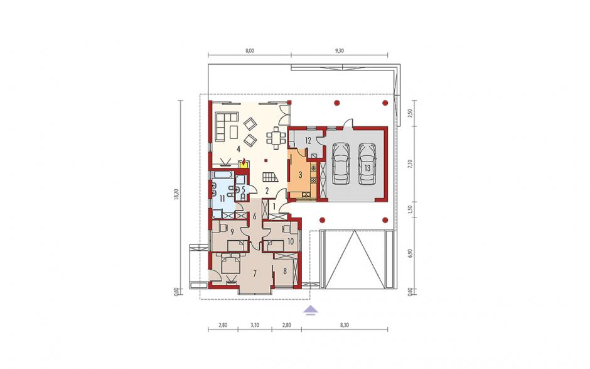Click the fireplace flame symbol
[x=244, y=162]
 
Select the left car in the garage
[x=341, y=163]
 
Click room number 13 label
[x=368, y=168]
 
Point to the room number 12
[x=308, y=141]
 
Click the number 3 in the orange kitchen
[x=300, y=175]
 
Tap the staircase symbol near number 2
[x=270, y=177]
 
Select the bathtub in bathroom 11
[x=222, y=175]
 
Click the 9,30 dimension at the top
[x=339, y=51]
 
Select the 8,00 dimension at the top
[x=249, y=51]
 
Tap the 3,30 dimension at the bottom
[x=255, y=325]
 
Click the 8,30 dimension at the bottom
[x=345, y=325]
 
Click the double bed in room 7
[x=230, y=263]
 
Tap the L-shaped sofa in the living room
[x=226, y=126]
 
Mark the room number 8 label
[x=285, y=270]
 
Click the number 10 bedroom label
[x=291, y=241]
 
